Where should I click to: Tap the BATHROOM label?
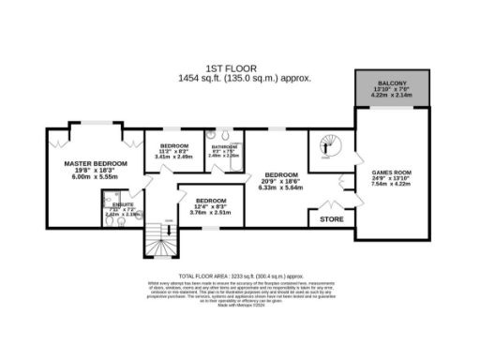pyautogui.click(x=224, y=147)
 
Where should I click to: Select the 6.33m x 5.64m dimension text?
pyautogui.click(x=281, y=186)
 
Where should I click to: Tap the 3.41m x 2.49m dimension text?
pyautogui.click(x=175, y=157)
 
